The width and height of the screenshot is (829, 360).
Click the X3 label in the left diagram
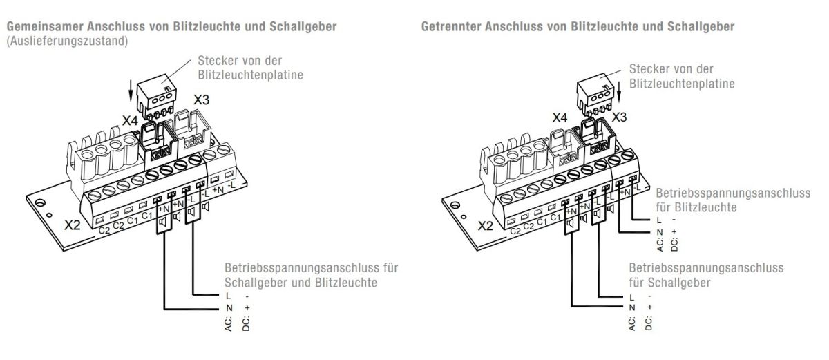(202, 100)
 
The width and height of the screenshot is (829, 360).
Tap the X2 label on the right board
(486, 225)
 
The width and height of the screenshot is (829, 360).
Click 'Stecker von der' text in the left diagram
(239, 61)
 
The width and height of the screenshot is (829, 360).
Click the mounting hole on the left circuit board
(41, 204)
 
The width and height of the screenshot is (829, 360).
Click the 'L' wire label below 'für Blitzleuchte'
(659, 219)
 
